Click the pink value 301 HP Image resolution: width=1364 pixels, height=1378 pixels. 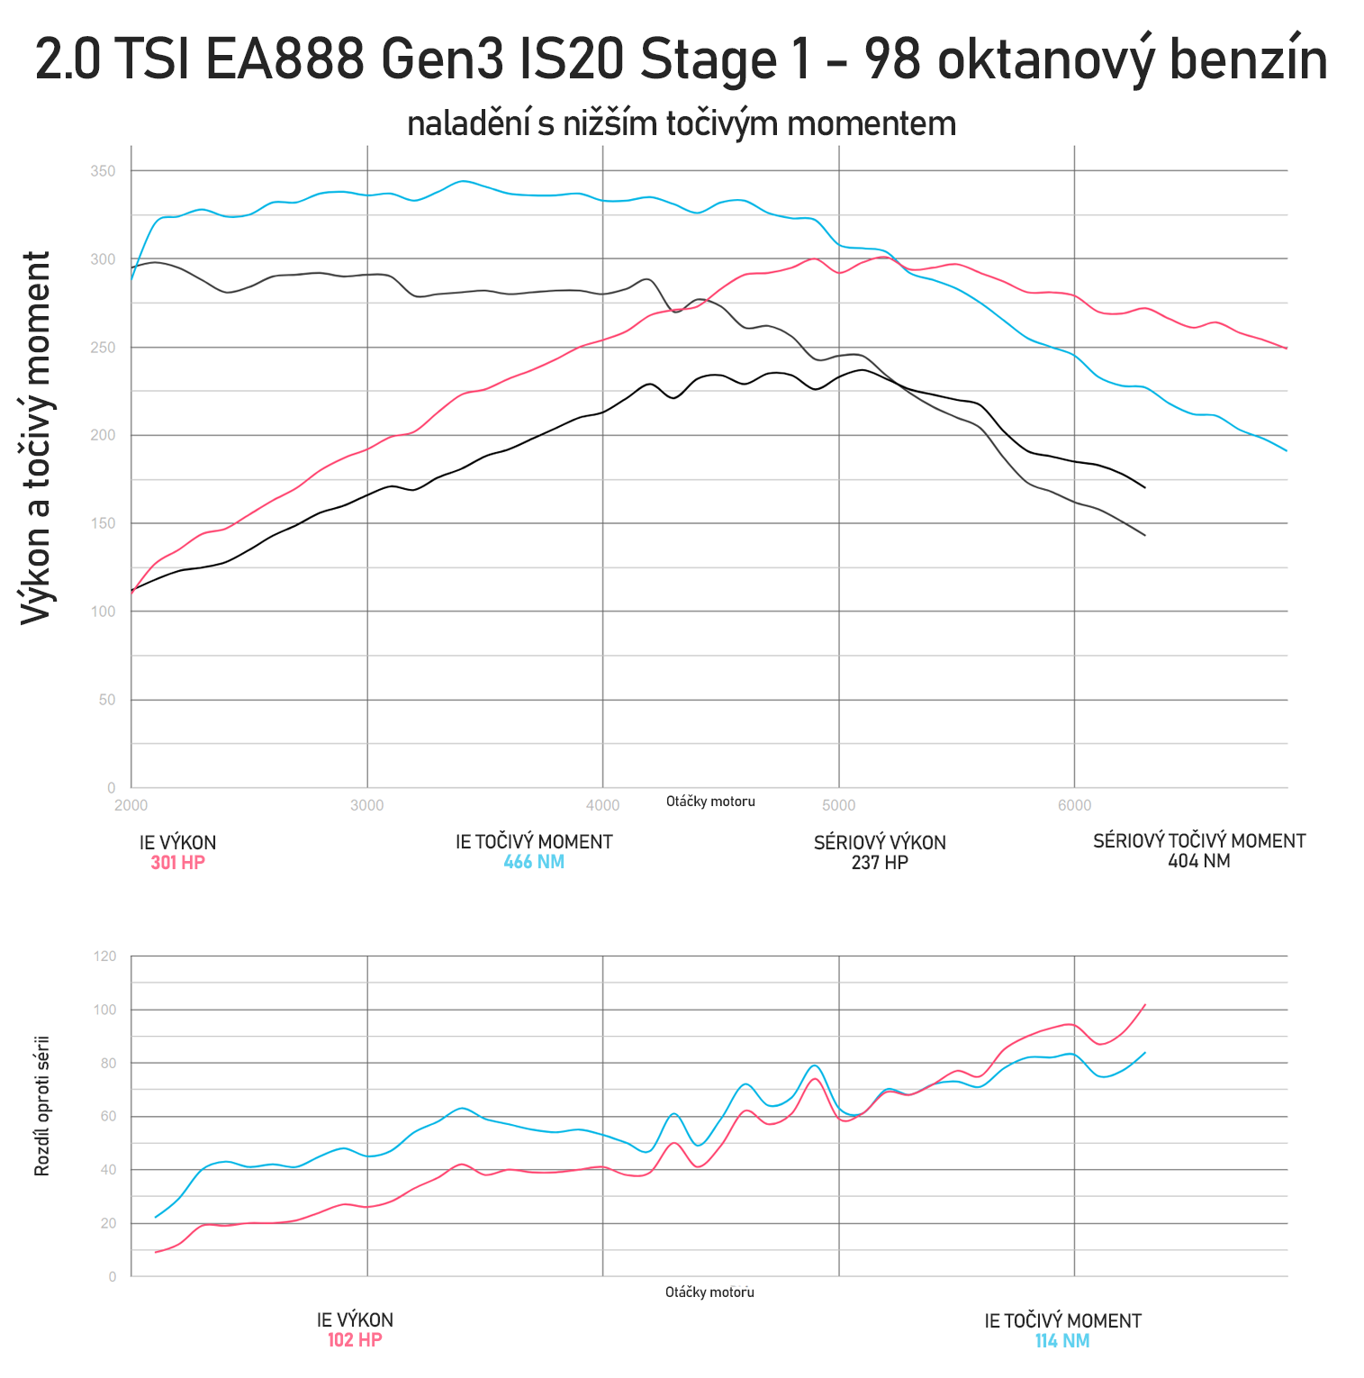(x=177, y=863)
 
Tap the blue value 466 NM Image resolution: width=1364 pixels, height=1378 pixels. (x=534, y=862)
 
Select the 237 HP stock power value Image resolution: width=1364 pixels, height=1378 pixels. (x=880, y=863)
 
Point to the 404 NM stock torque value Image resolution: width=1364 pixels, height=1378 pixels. (x=1198, y=861)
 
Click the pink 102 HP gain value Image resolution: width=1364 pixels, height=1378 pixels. (x=355, y=1340)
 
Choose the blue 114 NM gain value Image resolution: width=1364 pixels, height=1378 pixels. (x=1062, y=1341)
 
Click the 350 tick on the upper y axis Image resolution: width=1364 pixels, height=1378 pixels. (x=104, y=171)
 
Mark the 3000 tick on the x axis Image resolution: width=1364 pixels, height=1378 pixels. (x=366, y=805)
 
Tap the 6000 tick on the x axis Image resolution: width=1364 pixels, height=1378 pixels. (x=1074, y=805)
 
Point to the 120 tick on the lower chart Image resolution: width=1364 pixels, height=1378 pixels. (x=105, y=956)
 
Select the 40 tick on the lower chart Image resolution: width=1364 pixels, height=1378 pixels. (x=108, y=1170)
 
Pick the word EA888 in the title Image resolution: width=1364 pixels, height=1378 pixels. (x=285, y=60)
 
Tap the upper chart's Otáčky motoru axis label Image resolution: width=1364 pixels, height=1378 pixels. (x=710, y=802)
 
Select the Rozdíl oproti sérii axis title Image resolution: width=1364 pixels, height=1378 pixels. (x=41, y=1107)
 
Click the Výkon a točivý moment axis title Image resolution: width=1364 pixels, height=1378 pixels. (x=37, y=438)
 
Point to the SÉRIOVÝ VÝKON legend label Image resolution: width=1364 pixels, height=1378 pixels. (x=880, y=843)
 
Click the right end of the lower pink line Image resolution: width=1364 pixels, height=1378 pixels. (x=1144, y=1004)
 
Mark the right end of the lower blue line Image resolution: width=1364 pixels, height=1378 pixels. (x=1144, y=1053)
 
